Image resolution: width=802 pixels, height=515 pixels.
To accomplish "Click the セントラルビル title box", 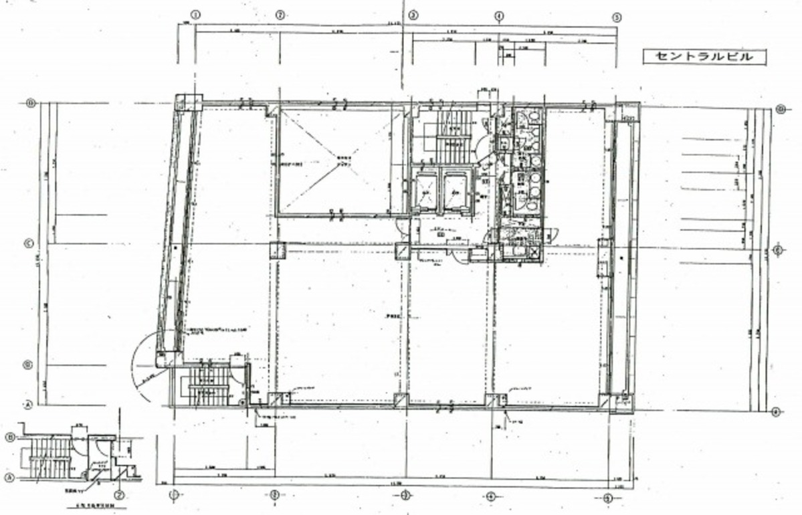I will (704, 57).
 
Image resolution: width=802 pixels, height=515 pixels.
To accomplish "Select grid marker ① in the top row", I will (196, 14).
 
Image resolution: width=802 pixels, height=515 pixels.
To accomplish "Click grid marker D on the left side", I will (30, 103).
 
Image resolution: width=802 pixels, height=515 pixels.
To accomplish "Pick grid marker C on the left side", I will (29, 243).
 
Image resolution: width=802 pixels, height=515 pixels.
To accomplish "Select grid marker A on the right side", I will (776, 411).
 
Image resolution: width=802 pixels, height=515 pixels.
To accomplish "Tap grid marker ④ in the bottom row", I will (490, 496).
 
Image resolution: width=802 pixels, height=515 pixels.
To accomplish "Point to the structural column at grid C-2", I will (276, 250).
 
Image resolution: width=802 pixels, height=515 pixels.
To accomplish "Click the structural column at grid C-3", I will (403, 251).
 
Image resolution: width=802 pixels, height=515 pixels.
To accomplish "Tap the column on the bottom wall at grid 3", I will (400, 401).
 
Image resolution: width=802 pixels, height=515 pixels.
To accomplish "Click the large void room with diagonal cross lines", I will (334, 162).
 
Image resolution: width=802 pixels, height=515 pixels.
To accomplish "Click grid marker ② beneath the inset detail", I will (119, 496).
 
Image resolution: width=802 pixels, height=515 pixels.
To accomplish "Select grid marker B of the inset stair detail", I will (10, 437).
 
